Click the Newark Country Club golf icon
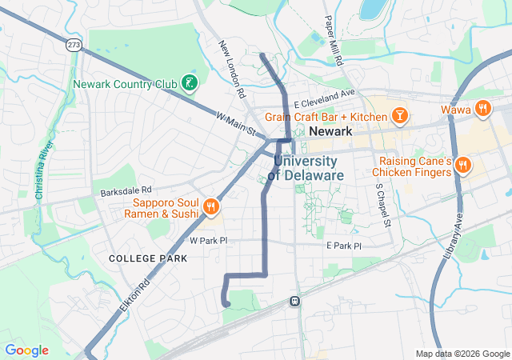(190, 83)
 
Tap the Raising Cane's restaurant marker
(463, 166)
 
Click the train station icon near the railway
(295, 301)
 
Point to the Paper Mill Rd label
(334, 42)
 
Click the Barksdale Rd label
(126, 192)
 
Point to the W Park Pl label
(208, 240)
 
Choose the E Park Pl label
(344, 246)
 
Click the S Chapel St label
(382, 205)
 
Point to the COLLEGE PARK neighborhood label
(147, 258)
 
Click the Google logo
(26, 350)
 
